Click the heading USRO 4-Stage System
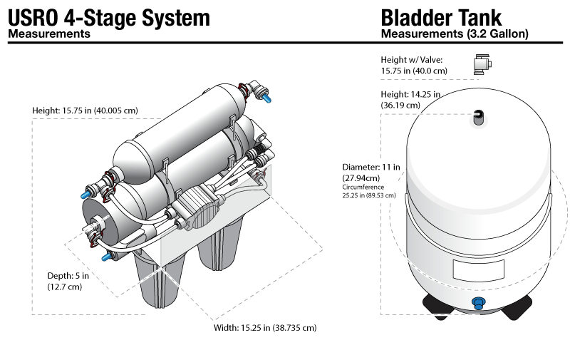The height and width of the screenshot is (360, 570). coord(109,16)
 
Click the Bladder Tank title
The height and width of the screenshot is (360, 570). coord(441,16)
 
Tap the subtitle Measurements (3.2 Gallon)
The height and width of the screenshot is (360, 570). coord(455,34)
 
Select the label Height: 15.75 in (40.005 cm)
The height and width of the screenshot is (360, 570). coord(85,110)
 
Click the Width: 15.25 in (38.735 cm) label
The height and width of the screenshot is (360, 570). coord(265,328)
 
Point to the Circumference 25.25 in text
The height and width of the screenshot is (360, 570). coord(369,190)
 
